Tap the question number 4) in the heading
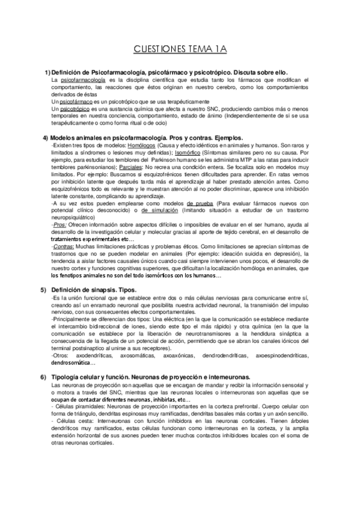pyautogui.click(x=46, y=138)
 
